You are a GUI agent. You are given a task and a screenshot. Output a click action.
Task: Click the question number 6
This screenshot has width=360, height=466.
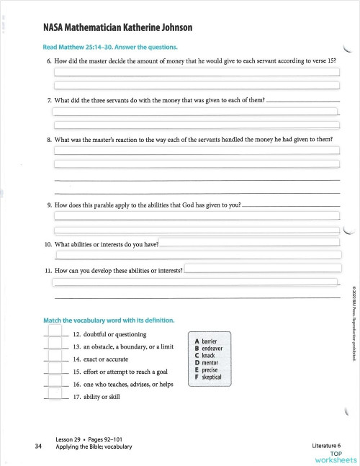pyautogui.click(x=48, y=61)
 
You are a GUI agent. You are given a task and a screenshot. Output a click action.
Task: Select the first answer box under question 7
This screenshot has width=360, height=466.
pyautogui.click(x=194, y=112)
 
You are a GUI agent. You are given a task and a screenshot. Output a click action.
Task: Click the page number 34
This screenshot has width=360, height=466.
pyautogui.click(x=37, y=446)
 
